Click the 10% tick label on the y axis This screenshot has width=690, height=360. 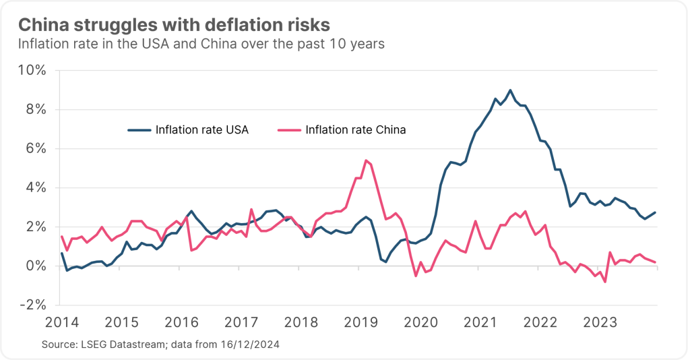[x=32, y=71]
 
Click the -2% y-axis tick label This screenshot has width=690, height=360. [x=32, y=305]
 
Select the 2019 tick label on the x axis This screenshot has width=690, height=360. [x=359, y=322]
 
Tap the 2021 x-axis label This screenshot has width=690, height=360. [x=479, y=322]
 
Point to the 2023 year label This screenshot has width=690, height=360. [x=599, y=322]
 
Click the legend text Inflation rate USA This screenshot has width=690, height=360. [x=202, y=130]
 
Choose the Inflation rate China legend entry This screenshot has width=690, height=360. [x=356, y=130]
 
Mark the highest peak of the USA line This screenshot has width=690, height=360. [x=510, y=90]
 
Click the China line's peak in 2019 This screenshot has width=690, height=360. [x=365, y=160]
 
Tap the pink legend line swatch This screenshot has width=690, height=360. [x=289, y=130]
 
